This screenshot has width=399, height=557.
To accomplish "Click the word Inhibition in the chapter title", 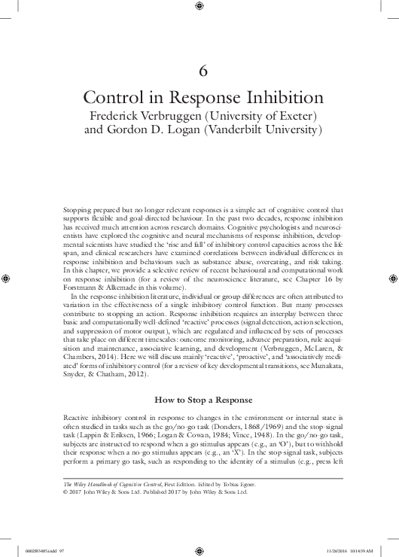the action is (283, 99).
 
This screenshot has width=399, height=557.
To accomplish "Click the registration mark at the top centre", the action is (199, 7).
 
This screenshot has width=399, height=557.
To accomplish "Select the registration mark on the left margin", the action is (8, 278).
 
